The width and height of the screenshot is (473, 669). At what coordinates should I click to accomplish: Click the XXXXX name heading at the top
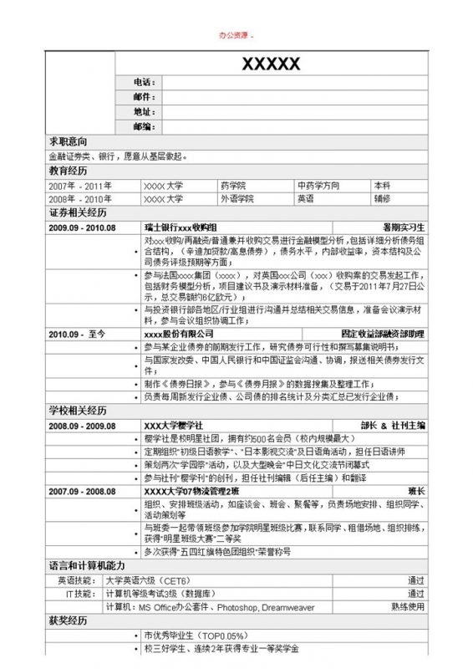point(271,64)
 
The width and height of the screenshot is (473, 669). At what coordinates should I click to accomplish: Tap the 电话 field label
point(144,83)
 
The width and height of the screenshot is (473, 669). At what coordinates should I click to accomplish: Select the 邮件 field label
point(144,97)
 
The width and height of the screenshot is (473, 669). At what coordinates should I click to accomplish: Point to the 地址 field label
point(144,112)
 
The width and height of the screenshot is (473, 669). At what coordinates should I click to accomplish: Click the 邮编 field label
point(144,126)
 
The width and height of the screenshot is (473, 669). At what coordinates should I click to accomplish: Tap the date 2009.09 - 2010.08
point(82,227)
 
